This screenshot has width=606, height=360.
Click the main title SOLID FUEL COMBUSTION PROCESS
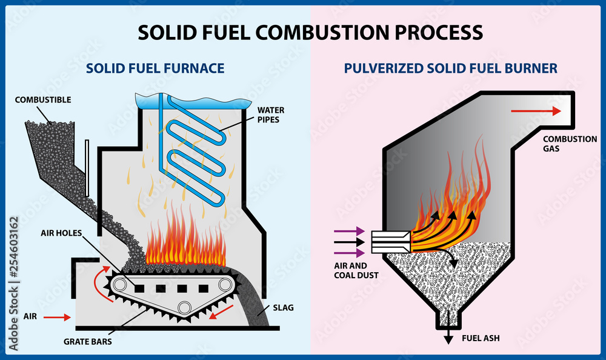coord(310,32)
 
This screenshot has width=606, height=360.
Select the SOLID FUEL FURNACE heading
coord(155,68)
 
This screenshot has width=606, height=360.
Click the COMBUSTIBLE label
coord(43,99)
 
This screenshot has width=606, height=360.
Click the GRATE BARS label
coord(88,340)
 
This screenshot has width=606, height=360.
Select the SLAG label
coord(284,308)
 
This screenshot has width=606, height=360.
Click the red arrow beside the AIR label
coord(56,316)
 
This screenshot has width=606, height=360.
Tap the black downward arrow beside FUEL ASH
coord(448,336)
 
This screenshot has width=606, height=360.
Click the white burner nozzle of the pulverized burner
coord(391,242)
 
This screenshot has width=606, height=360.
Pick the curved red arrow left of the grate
coord(98,278)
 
